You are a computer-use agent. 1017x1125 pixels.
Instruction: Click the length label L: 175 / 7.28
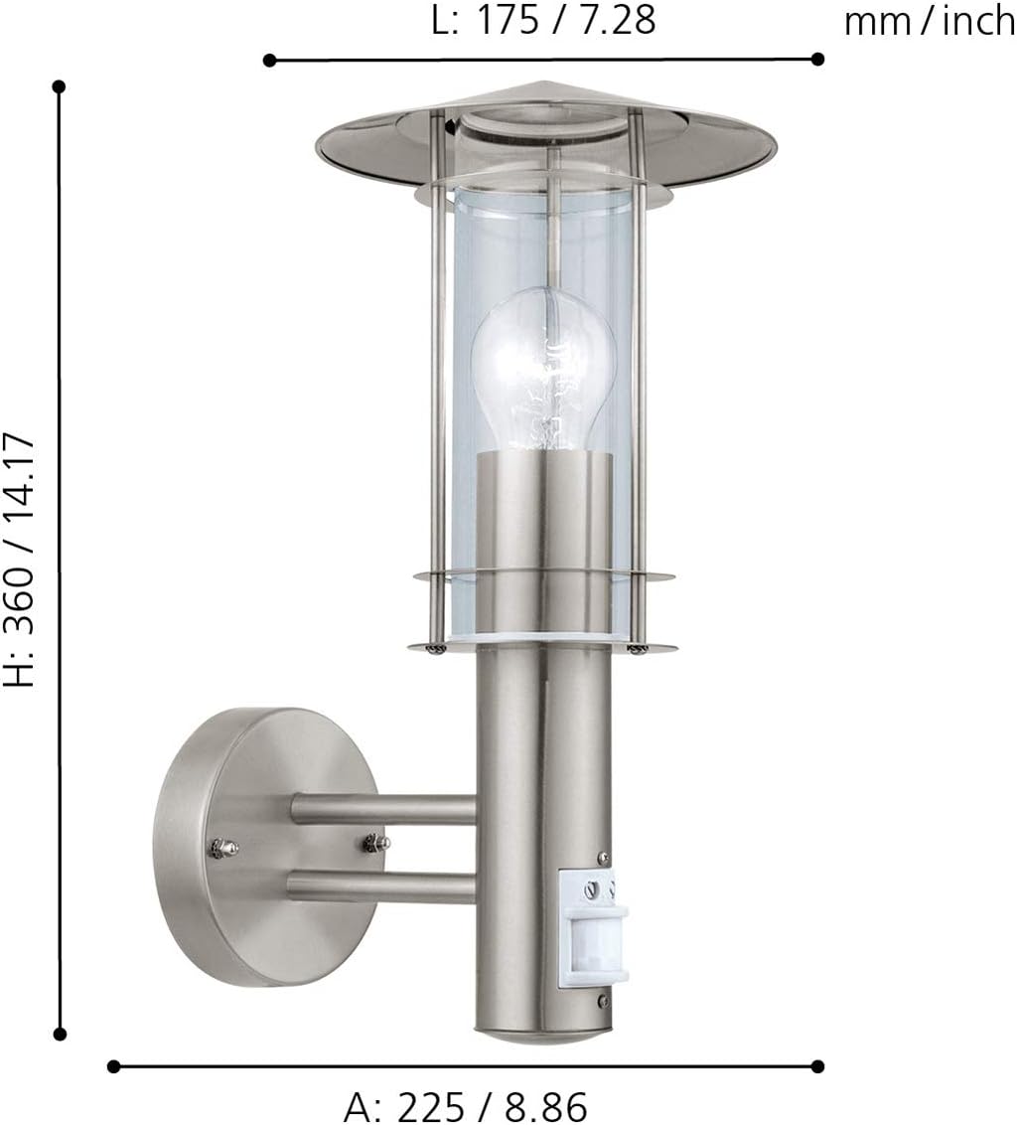[543, 21]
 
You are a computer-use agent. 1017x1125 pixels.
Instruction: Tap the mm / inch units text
[929, 21]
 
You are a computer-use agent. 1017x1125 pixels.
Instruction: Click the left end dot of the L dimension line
[269, 60]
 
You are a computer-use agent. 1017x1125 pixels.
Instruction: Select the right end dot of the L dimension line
[817, 59]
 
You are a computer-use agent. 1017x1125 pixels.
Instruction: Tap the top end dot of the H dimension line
[60, 86]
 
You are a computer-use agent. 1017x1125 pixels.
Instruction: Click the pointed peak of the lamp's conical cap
[543, 82]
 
